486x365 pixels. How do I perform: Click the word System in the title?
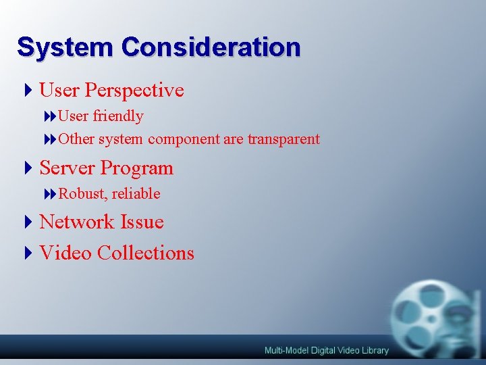pos(65,47)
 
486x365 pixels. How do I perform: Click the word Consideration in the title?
pos(211,47)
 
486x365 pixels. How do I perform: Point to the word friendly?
pos(118,116)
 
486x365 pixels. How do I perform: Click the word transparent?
pos(283,139)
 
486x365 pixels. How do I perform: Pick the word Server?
pos(67,168)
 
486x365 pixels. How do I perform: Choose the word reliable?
pos(136,193)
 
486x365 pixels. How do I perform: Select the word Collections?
pos(145,253)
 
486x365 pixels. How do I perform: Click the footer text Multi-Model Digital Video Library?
pos(326,350)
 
